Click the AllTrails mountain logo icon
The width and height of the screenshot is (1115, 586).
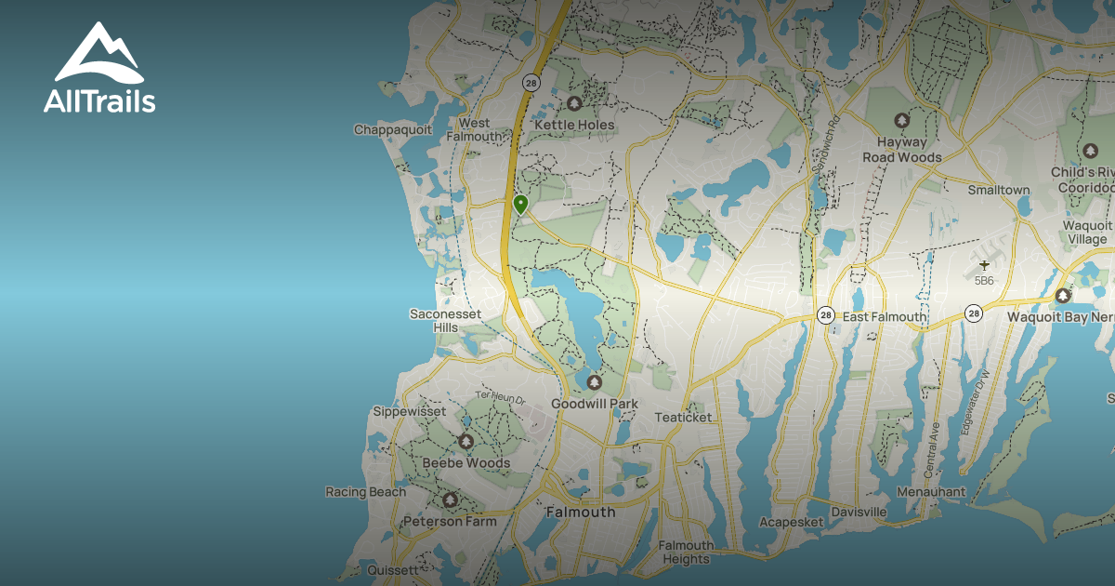click(98, 53)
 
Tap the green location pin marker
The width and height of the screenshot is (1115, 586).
click(520, 204)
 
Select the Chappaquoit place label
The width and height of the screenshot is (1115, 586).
click(393, 130)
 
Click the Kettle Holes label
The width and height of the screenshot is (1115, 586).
click(573, 125)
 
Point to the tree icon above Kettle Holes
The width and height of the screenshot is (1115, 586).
click(574, 103)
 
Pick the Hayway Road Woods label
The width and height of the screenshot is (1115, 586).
click(900, 150)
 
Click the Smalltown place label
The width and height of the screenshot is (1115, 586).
click(999, 190)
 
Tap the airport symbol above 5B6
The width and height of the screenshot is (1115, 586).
click(985, 265)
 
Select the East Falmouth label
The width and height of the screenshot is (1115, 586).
click(884, 317)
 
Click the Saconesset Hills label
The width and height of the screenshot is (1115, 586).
click(446, 320)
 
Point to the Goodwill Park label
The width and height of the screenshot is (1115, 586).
click(595, 404)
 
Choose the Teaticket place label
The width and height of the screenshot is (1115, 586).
click(683, 418)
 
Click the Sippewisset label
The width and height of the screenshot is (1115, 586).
click(409, 411)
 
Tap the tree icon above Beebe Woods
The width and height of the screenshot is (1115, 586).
click(466, 441)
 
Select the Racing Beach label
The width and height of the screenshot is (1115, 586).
click(365, 492)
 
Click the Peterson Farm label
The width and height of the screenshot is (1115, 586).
click(449, 522)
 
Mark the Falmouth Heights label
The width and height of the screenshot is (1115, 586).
click(686, 553)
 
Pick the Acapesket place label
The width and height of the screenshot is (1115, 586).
click(792, 523)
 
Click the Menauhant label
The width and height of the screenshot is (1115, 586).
click(931, 492)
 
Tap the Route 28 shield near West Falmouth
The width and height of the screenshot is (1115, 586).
click(531, 82)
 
